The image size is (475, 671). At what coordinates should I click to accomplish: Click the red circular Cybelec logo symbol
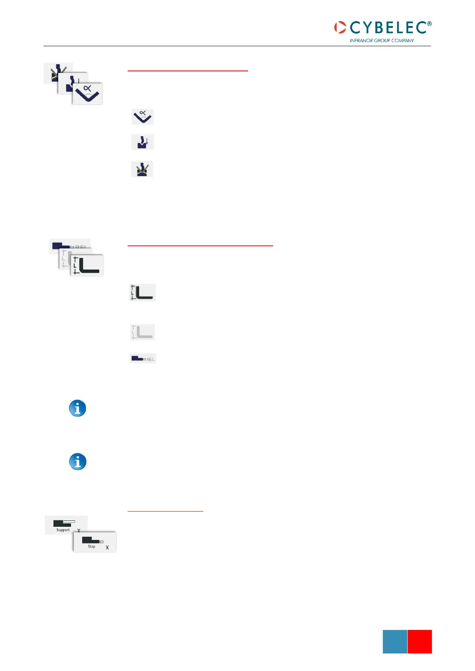(x=340, y=27)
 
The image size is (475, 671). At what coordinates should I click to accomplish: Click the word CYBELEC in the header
(x=388, y=27)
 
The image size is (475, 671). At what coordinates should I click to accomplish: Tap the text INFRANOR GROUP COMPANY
(x=382, y=40)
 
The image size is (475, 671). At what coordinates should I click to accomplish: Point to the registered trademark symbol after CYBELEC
(x=429, y=24)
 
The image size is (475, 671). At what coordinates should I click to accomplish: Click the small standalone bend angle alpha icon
(x=142, y=117)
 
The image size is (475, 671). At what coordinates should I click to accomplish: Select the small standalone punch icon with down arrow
(x=142, y=142)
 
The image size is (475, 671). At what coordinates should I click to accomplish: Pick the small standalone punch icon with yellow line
(x=142, y=169)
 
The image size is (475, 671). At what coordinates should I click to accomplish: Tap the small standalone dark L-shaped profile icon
(x=142, y=292)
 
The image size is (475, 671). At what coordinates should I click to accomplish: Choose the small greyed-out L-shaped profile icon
(x=142, y=332)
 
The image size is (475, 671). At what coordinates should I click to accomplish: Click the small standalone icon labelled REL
(x=142, y=359)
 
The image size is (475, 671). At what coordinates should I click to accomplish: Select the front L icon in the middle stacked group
(x=87, y=265)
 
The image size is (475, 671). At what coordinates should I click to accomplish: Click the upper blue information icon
(x=78, y=408)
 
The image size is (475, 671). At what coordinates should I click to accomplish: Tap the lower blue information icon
(x=78, y=462)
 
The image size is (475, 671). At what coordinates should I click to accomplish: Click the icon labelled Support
(x=65, y=525)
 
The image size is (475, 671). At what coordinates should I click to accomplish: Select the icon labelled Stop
(x=95, y=542)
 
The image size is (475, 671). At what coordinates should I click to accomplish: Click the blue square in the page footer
(x=395, y=642)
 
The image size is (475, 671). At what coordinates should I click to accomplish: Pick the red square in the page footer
(x=420, y=642)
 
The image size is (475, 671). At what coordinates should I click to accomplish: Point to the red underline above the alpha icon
(x=187, y=71)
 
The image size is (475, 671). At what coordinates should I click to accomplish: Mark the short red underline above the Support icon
(x=165, y=511)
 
